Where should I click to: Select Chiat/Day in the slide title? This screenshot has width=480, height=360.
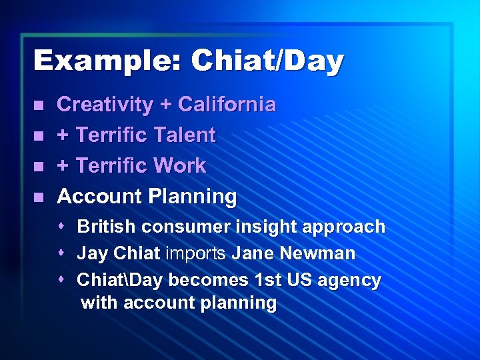(267, 61)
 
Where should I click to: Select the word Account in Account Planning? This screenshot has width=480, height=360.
(99, 197)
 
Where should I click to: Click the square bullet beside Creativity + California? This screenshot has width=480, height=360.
(39, 105)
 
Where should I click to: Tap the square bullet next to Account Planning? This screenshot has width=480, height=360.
(39, 197)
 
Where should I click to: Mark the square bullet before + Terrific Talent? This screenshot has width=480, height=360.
(39, 136)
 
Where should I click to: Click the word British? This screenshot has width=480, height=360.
(107, 227)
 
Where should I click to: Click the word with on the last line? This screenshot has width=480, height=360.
(98, 304)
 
